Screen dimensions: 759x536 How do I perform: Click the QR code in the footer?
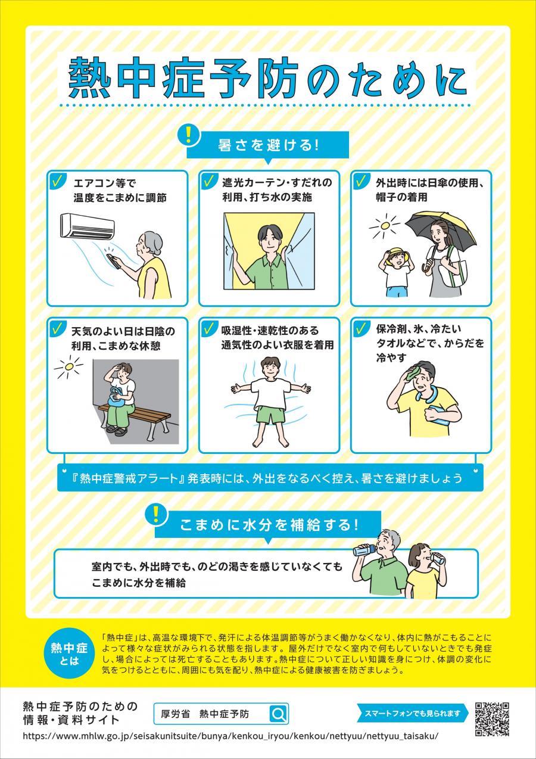pyautogui.click(x=492, y=719)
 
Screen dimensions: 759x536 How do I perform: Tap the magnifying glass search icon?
pyautogui.click(x=278, y=714)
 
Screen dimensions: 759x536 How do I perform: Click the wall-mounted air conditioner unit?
pyautogui.click(x=88, y=225)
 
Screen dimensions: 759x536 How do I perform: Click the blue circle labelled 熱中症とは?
pyautogui.click(x=68, y=652)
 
